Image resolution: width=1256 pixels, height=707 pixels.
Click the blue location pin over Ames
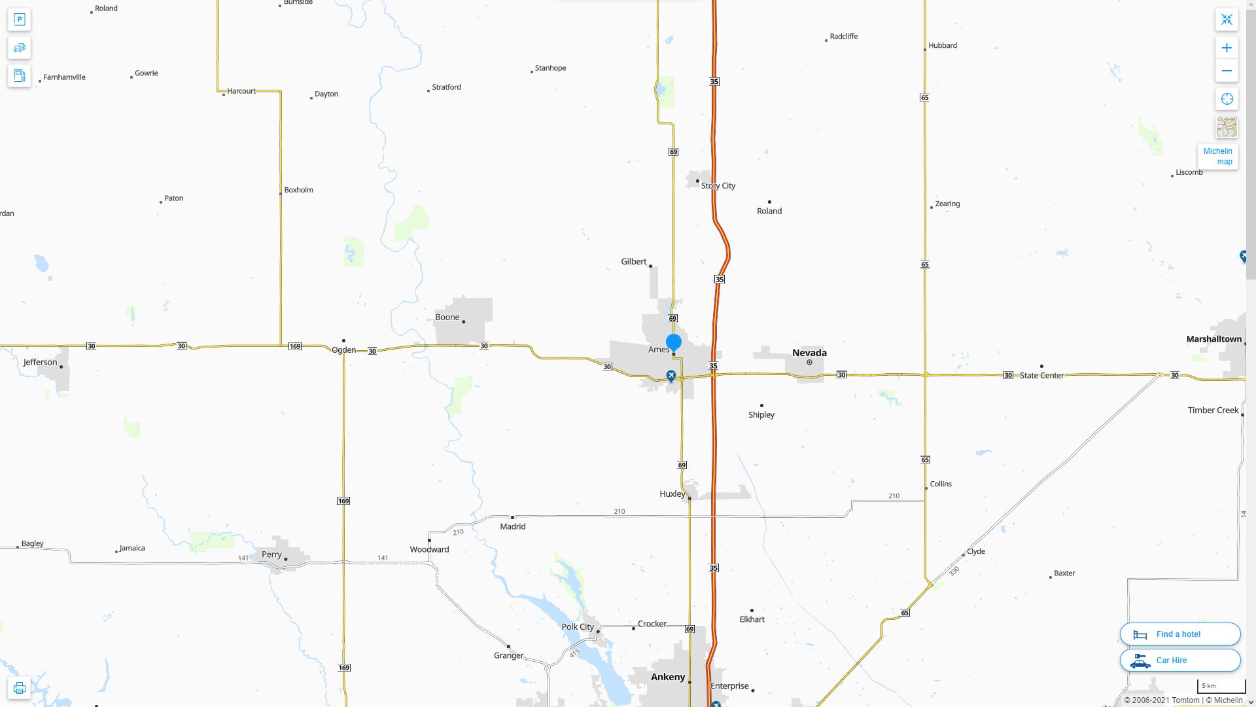pos(674,342)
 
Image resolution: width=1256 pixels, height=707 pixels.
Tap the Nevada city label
pos(809,353)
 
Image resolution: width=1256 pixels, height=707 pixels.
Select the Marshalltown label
pos(1213,339)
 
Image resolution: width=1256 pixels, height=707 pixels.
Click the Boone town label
pos(447,317)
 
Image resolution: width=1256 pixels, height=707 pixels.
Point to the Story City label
pos(718,186)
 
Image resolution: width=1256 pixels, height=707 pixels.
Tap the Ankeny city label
pos(668,677)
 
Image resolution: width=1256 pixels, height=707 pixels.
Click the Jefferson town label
pos(41,362)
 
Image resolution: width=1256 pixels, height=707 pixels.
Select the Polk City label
pos(578,626)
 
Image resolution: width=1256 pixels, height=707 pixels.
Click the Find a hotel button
pos(1179,634)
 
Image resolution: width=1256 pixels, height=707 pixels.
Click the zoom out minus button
pos(1227,71)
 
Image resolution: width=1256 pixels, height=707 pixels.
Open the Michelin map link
pos(1217,156)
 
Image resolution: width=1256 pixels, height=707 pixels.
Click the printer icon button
pos(20,688)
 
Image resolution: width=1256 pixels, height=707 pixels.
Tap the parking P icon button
pos(20,20)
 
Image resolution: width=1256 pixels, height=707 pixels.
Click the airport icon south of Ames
pos(671,376)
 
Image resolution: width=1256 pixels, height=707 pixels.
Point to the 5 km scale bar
pos(1221,687)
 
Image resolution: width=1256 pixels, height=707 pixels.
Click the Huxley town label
pos(672,494)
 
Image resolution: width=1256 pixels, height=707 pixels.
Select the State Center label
pos(1041,376)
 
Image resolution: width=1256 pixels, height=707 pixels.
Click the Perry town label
pos(271,554)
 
